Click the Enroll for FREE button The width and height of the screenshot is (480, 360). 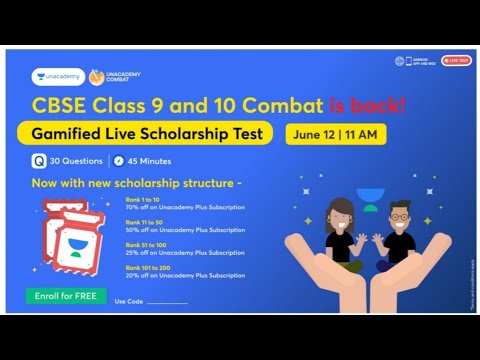(x=67, y=297)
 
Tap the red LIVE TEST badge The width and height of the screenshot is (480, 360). (x=456, y=61)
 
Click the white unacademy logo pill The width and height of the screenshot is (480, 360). (x=58, y=76)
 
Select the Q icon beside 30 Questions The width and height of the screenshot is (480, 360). (x=37, y=160)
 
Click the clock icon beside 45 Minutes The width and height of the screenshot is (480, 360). (x=118, y=160)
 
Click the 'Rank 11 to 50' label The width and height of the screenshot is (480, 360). (x=141, y=222)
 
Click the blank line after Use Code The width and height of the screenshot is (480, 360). (x=167, y=302)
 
